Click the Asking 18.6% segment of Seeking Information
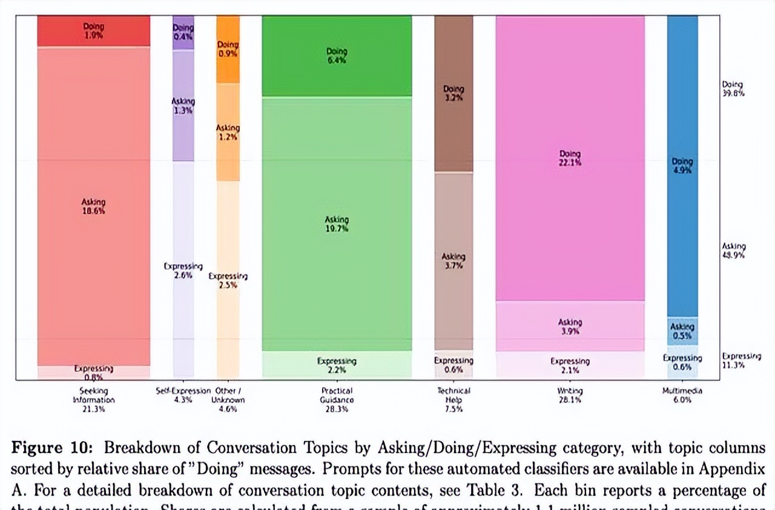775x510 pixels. tap(93, 206)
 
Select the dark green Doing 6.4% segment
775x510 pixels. tap(337, 56)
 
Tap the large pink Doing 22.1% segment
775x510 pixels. tap(570, 157)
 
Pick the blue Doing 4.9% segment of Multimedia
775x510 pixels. tap(682, 165)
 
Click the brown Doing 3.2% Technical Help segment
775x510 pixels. tap(453, 93)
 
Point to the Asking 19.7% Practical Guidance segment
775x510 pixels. tap(337, 224)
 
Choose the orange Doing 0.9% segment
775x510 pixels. tap(228, 49)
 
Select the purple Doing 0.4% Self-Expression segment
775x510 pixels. tap(183, 32)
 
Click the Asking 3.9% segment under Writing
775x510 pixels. tap(570, 326)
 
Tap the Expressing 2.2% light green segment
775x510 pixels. tap(337, 365)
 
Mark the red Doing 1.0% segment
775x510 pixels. tap(93, 31)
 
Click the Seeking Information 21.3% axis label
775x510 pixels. tap(93, 400)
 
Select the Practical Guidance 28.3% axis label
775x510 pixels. tap(337, 400)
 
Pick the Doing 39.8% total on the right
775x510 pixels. tap(733, 89)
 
